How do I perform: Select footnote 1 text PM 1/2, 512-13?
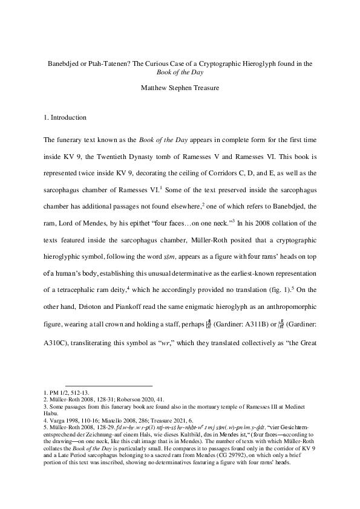[65, 394]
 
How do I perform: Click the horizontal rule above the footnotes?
[108, 386]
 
